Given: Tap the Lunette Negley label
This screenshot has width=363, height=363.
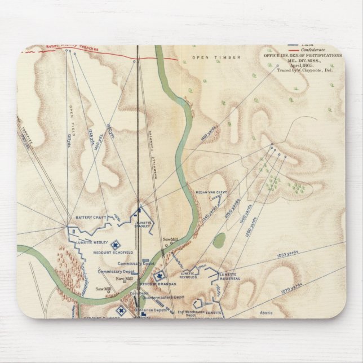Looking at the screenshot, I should (x=88, y=242).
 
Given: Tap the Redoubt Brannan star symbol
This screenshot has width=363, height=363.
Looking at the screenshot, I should (x=160, y=276).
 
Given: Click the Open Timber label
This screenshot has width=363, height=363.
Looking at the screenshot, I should (x=208, y=57).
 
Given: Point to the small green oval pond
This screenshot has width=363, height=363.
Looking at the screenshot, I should (x=219, y=241).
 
